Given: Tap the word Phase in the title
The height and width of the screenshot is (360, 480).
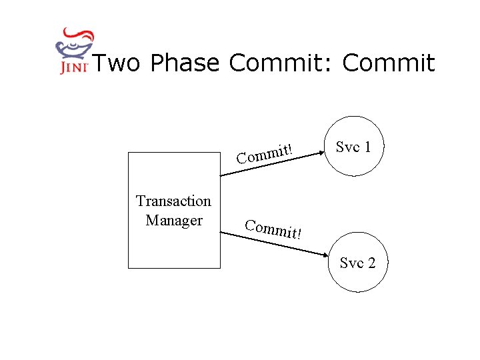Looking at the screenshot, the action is pos(185,63).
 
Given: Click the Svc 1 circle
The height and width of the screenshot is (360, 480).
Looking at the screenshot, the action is pos(353,147).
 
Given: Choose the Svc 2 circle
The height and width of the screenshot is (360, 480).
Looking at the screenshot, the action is pos(357,263).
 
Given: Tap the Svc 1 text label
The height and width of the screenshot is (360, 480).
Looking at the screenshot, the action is pos(353,147).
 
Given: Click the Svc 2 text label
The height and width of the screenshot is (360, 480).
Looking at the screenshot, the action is pos(357,263).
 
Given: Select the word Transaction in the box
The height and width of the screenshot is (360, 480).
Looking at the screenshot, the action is pos(173,201).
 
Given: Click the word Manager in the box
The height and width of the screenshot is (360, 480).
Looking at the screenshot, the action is pos(173,219).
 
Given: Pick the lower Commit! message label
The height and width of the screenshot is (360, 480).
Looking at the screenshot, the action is pos(273,229).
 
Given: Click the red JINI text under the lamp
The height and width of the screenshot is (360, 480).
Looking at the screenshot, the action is pos(73,68).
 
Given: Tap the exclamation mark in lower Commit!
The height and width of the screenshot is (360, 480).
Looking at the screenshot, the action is pos(299,235).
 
